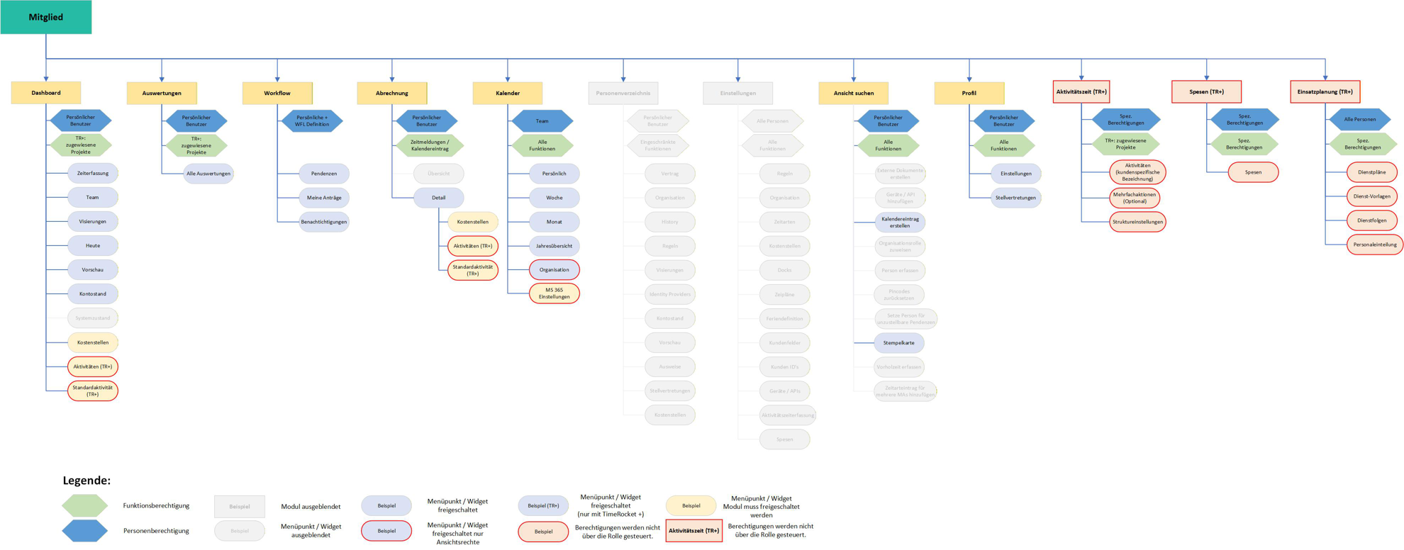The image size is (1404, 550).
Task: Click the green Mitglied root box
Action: coord(45,17)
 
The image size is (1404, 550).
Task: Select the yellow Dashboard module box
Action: coord(46,93)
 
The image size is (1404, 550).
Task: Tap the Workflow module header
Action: coord(277,93)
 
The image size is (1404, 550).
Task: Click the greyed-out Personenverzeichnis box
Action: coord(623,93)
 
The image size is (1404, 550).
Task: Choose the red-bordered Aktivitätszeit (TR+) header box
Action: coord(1081,91)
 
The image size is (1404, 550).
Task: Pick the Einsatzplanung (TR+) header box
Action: coord(1325,91)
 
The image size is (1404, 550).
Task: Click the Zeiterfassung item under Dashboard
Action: coord(93,173)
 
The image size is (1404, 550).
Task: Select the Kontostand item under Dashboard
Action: coord(93,293)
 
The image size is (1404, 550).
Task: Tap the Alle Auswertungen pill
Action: coord(208,173)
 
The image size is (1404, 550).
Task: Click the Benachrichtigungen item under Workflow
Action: coord(324,222)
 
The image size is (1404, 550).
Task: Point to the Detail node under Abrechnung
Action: coord(438,198)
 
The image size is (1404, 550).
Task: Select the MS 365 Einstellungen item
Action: coord(554,293)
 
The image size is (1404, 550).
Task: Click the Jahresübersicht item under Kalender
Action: coord(554,246)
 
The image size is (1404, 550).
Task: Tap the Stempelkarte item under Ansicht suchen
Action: coord(898,342)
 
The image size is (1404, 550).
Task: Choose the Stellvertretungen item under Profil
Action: coord(1015,198)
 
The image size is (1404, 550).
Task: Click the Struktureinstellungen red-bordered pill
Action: coord(1137,222)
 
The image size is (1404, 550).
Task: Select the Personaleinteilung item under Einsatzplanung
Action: coord(1374,245)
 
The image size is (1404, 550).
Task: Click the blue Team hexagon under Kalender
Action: coord(542,121)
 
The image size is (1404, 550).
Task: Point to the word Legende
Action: coord(87,481)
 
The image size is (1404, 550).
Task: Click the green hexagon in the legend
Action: coord(84,505)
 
